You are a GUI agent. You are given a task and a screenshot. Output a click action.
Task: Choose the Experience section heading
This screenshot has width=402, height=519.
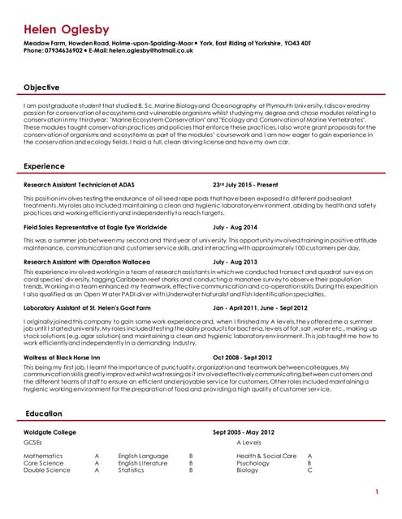click(45, 166)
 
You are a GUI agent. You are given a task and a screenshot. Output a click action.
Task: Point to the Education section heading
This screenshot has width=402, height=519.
click(44, 414)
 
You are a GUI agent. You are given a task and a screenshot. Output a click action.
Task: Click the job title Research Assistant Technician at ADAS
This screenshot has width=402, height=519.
click(79, 185)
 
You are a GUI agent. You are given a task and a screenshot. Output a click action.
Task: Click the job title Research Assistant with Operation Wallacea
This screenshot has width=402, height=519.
click(87, 263)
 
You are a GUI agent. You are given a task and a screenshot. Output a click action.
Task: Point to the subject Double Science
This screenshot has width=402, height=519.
click(47, 470)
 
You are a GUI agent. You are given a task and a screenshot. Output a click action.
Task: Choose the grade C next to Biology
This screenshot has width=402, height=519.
click(309, 470)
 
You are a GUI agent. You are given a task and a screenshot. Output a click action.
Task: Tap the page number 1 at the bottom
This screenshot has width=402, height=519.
click(377, 492)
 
